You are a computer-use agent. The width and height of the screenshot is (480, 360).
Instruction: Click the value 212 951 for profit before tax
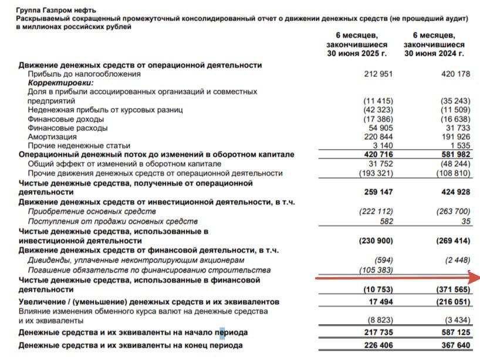click(x=378, y=74)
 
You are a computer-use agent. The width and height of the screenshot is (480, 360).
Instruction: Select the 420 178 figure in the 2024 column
click(x=455, y=74)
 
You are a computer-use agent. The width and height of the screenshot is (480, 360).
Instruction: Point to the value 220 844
click(x=378, y=136)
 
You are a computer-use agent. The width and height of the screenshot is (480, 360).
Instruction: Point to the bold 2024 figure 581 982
click(x=455, y=154)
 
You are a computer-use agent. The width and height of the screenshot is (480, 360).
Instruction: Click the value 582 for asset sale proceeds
click(x=386, y=221)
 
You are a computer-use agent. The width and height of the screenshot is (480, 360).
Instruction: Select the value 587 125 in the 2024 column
click(x=455, y=332)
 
